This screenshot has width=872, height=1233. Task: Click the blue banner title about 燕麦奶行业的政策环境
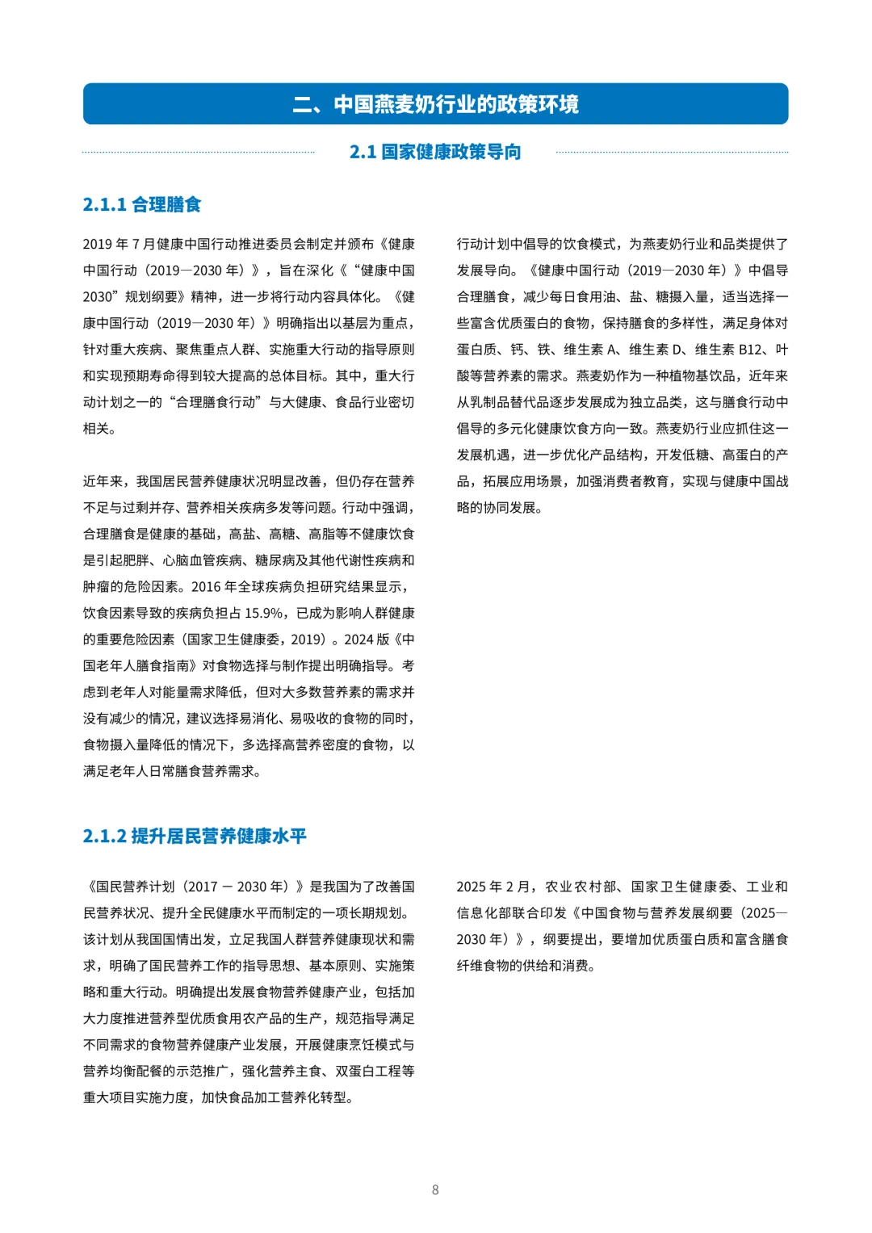pyautogui.click(x=435, y=104)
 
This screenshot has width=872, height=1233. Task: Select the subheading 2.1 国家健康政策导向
pyautogui.click(x=435, y=152)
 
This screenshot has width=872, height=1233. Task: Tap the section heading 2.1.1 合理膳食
pyautogui.click(x=141, y=205)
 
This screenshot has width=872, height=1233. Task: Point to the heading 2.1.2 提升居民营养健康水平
pyautogui.click(x=195, y=837)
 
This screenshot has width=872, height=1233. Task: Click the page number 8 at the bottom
pyautogui.click(x=435, y=1189)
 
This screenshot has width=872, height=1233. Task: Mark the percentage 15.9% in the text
pyautogui.click(x=264, y=614)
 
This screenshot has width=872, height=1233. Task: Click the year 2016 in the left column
pyautogui.click(x=206, y=587)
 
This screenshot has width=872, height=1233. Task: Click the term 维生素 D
pyautogui.click(x=657, y=350)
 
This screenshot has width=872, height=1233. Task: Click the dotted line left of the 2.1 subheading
pyautogui.click(x=198, y=152)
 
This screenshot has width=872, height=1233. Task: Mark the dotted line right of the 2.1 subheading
pyautogui.click(x=672, y=152)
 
